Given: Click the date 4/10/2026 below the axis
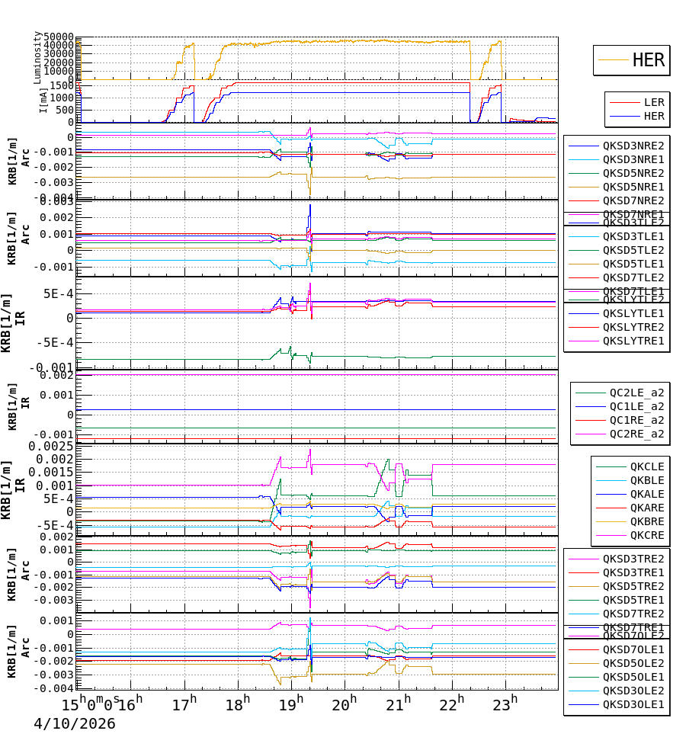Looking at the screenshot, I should click(x=74, y=723).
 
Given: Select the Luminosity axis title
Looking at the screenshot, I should click(x=37, y=57).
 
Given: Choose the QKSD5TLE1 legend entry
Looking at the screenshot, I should click(x=633, y=264).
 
